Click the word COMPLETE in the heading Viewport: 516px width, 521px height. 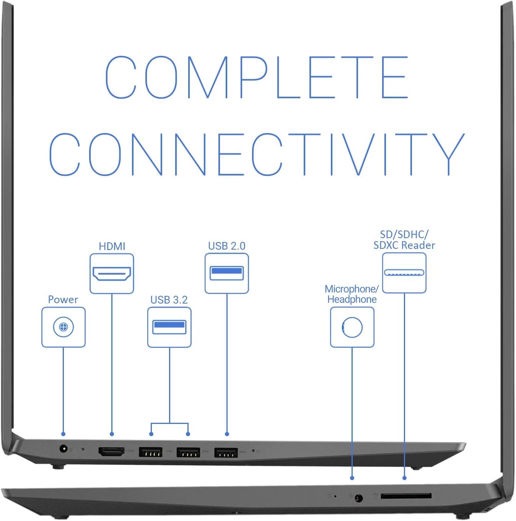(257, 77)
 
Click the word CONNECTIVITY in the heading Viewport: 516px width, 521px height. (257, 154)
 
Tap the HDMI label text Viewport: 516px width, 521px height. (112, 246)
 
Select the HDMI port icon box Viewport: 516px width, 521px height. (112, 274)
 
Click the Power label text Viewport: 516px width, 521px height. (63, 300)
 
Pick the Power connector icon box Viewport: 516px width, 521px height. (63, 327)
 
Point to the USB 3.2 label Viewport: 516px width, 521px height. (169, 300)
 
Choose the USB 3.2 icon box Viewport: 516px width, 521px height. (169, 327)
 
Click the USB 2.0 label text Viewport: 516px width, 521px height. (227, 246)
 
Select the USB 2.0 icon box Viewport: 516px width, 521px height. (227, 273)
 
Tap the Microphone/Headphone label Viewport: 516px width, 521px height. (352, 294)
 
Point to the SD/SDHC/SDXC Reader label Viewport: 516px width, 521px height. (404, 240)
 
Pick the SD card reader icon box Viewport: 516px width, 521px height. (404, 273)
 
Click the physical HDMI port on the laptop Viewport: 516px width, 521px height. (112, 451)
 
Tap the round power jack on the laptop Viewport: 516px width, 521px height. (64, 448)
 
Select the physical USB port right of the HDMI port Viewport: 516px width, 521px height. (151, 453)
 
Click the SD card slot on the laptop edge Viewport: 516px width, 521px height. (406, 496)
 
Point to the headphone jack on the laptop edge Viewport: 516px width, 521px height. (358, 498)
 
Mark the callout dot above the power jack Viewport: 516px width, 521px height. (63, 434)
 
